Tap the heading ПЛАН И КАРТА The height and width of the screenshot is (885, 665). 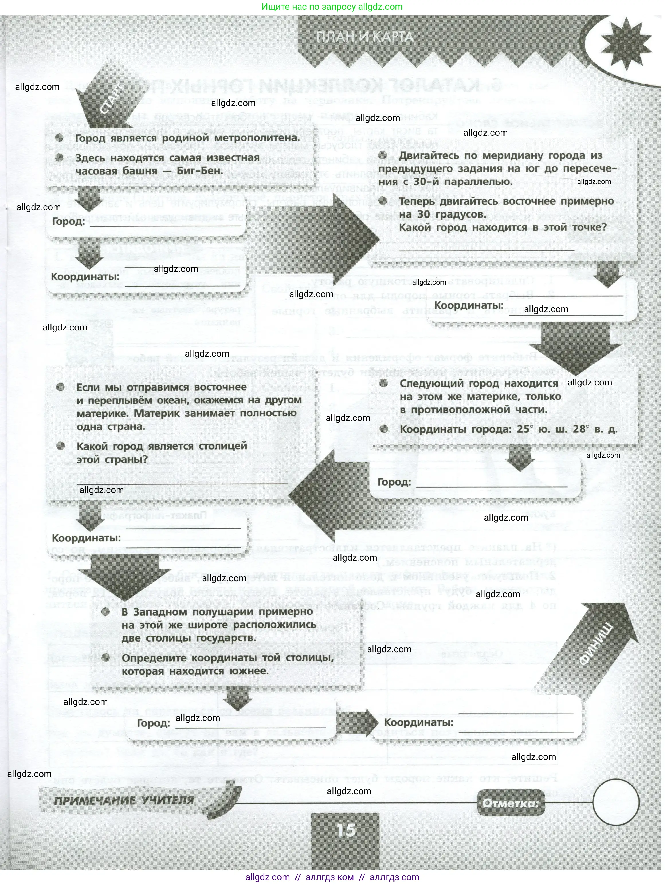(x=365, y=37)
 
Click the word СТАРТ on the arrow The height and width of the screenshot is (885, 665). (x=112, y=99)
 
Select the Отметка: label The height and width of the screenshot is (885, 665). (x=511, y=803)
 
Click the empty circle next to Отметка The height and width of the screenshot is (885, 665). (x=615, y=803)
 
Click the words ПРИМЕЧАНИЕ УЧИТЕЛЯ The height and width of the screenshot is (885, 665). (x=124, y=801)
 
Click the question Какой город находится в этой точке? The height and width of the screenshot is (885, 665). (x=503, y=228)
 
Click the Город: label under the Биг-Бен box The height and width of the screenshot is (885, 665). (x=68, y=221)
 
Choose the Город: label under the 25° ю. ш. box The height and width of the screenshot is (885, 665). (x=394, y=482)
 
